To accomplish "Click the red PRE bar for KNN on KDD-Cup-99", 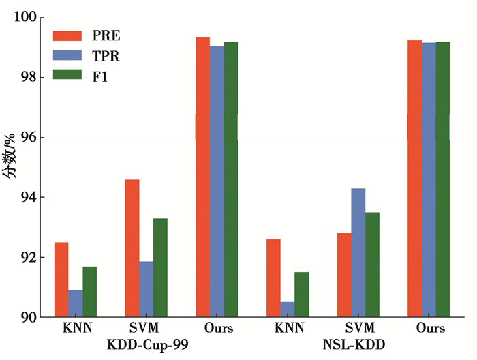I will click(x=61, y=280).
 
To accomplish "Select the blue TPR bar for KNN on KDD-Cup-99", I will click(x=75, y=303).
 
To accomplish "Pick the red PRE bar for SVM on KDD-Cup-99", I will click(x=132, y=248).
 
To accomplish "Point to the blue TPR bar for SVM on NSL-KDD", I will click(x=358, y=252).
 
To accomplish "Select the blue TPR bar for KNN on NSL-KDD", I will click(x=288, y=310).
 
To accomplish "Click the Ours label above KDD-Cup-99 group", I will click(x=218, y=329).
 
